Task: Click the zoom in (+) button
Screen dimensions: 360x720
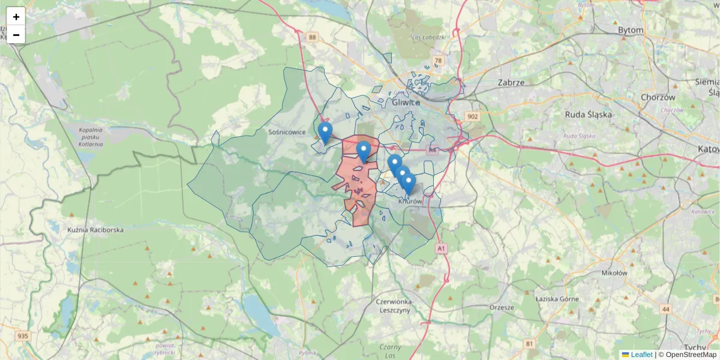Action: pyautogui.click(x=16, y=17)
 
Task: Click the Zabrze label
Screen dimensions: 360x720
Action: pyautogui.click(x=511, y=82)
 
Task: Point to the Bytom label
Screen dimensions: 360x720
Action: pyautogui.click(x=630, y=30)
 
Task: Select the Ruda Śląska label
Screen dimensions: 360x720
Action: pyautogui.click(x=588, y=114)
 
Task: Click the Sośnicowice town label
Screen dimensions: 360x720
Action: pyautogui.click(x=287, y=132)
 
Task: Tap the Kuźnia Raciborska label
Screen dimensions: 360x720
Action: pyautogui.click(x=95, y=230)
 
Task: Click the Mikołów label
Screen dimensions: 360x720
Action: pyautogui.click(x=614, y=272)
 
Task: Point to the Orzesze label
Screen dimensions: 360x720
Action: pyautogui.click(x=502, y=307)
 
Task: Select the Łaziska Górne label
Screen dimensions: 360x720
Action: pyautogui.click(x=556, y=298)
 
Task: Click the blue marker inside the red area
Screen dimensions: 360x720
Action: pyautogui.click(x=363, y=151)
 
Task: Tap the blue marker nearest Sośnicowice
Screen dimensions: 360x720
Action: pyautogui.click(x=325, y=133)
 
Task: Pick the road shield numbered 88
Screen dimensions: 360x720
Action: pyautogui.click(x=312, y=37)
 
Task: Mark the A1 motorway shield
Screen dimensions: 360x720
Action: pyautogui.click(x=441, y=248)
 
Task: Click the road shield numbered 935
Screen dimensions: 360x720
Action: pyautogui.click(x=23, y=336)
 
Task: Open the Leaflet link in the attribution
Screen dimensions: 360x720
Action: pyautogui.click(x=641, y=355)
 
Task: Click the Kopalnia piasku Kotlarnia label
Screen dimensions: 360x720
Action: pyautogui.click(x=91, y=137)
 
